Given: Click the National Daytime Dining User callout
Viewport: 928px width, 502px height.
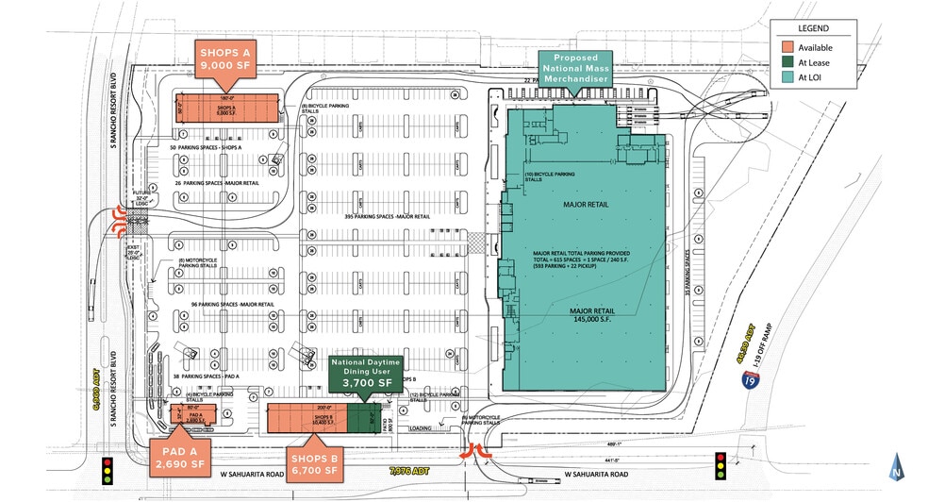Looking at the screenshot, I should pos(365,372).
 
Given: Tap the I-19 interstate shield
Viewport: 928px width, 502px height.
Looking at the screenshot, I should pos(747,380).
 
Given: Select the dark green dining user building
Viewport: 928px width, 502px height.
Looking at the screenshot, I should pos(359,417).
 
